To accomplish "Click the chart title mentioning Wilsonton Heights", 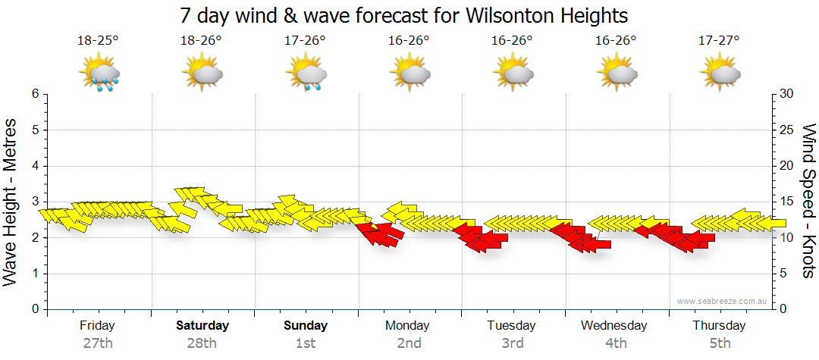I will [x=404, y=15].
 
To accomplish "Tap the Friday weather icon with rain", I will [x=99, y=74].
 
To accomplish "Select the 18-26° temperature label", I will [x=201, y=40].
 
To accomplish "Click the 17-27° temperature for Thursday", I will [x=719, y=40].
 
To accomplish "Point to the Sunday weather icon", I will [x=306, y=74].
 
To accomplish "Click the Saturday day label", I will [x=202, y=325].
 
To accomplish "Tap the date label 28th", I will [x=202, y=343].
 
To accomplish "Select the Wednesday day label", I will [x=614, y=325].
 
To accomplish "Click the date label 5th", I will [x=719, y=343].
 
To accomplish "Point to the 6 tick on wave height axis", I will [x=35, y=94].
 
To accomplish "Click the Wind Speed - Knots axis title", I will [x=808, y=201].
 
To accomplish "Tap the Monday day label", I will [x=408, y=325].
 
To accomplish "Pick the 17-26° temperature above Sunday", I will [x=305, y=40].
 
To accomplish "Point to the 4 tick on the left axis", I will [x=35, y=166].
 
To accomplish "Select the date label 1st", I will [x=306, y=343].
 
